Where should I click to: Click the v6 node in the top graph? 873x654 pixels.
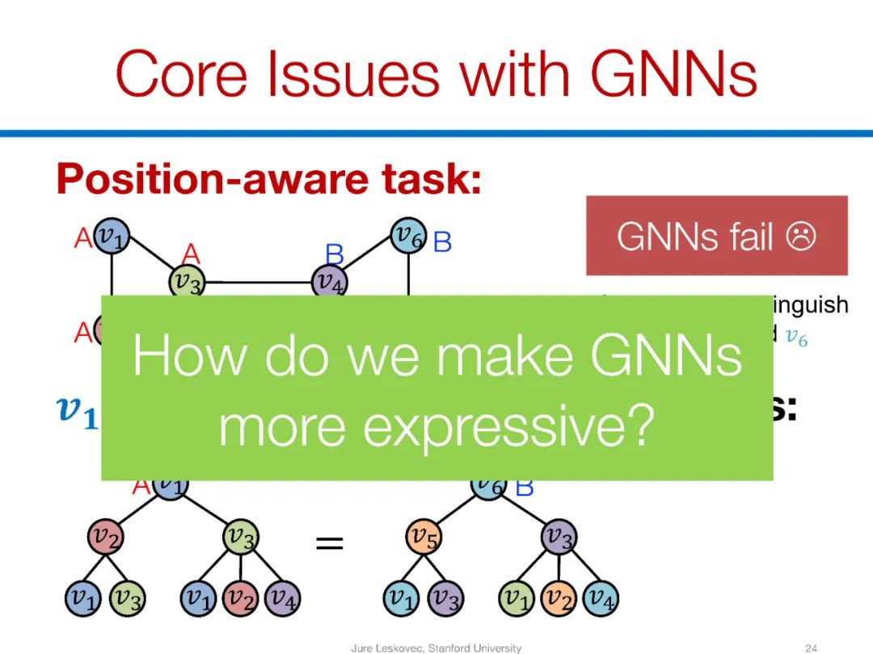pos(408,236)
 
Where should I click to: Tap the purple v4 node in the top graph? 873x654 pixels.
pos(330,282)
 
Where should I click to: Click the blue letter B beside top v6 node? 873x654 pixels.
pos(442,241)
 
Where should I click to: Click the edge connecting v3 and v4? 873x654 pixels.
pos(259,283)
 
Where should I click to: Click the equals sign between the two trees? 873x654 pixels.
pos(329,544)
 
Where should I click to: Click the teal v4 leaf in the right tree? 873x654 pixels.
pos(601,598)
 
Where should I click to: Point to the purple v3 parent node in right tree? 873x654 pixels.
pos(558,536)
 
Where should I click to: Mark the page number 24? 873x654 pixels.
pos(812,648)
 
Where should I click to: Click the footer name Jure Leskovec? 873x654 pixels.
pos(386,648)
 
